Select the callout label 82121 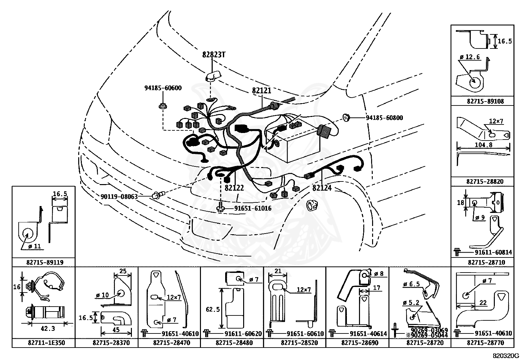click(261, 91)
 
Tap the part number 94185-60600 click(163, 88)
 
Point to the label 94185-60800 click(385, 118)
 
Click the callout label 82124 click(322, 188)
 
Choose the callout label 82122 click(234, 188)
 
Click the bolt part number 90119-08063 click(119, 197)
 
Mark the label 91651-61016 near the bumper click(253, 208)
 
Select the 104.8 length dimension click(484, 144)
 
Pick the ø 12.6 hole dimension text click(470, 57)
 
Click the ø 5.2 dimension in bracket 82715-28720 click(411, 302)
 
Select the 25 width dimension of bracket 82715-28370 click(123, 271)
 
